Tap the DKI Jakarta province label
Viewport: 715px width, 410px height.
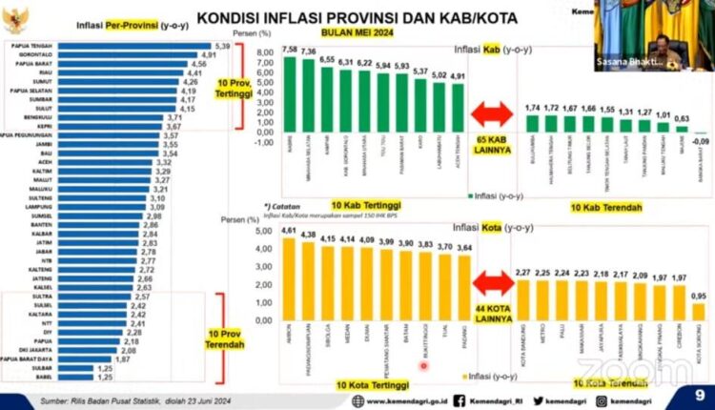(31, 350)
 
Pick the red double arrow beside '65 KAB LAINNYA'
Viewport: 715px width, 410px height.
(492, 116)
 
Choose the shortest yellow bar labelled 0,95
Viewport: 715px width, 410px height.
(699, 311)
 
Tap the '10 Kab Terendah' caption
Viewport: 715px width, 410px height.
(605, 206)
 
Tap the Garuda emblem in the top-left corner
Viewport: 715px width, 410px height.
(17, 16)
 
